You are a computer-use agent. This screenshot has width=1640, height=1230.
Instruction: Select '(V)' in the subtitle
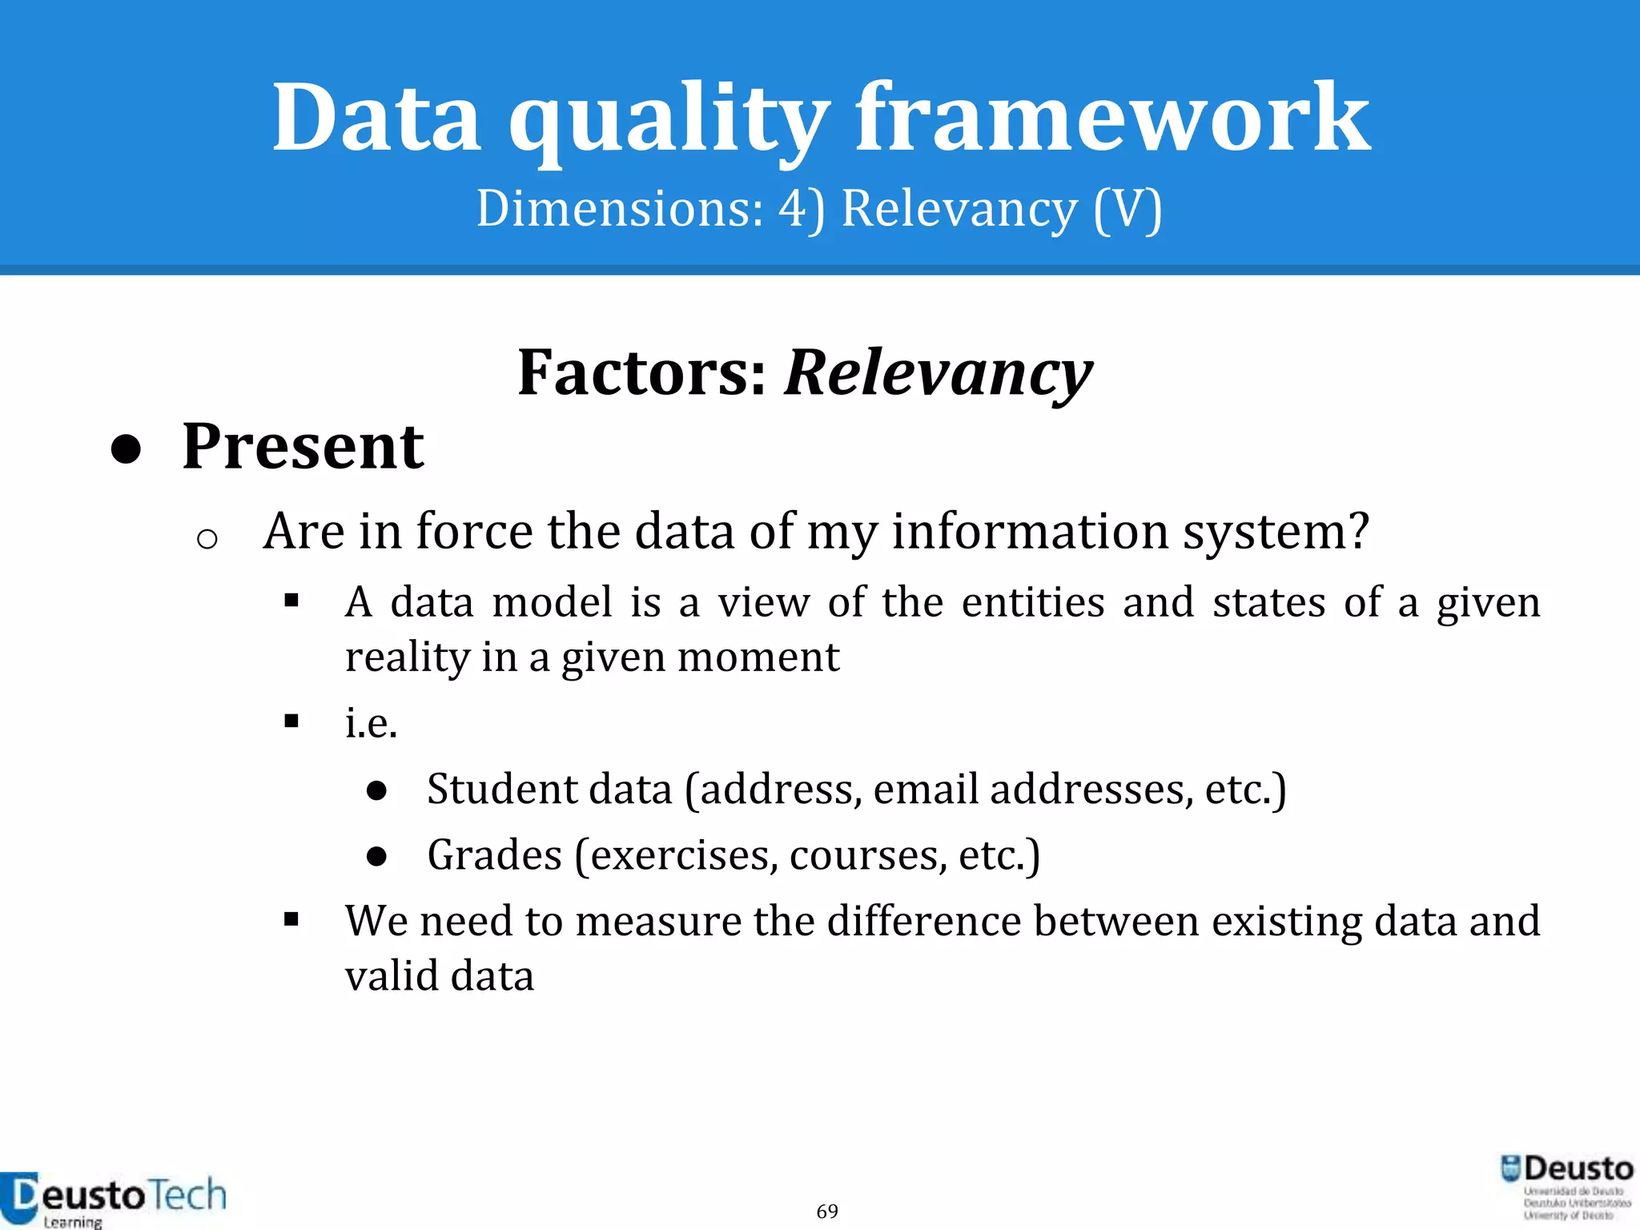pyautogui.click(x=1127, y=209)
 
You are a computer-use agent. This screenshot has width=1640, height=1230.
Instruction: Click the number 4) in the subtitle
pyautogui.click(x=801, y=209)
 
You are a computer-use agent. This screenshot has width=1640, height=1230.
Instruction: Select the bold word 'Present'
pyautogui.click(x=303, y=446)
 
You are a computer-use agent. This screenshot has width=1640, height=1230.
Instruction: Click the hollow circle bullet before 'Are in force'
pyautogui.click(x=207, y=539)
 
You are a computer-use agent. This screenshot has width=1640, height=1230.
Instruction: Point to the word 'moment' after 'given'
pyautogui.click(x=758, y=657)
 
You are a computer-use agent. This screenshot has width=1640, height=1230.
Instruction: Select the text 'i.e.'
pyautogui.click(x=371, y=723)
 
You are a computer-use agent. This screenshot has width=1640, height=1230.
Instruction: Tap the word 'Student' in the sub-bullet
pyautogui.click(x=501, y=789)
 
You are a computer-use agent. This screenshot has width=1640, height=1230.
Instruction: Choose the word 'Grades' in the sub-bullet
pyautogui.click(x=494, y=855)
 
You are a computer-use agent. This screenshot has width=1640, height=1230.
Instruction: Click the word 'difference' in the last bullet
pyautogui.click(x=924, y=921)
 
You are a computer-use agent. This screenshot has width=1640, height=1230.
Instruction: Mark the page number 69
pyautogui.click(x=827, y=1212)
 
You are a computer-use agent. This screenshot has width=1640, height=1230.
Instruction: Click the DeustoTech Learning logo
pyautogui.click(x=113, y=1200)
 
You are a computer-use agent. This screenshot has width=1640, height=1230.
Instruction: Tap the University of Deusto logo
pyautogui.click(x=1566, y=1187)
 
